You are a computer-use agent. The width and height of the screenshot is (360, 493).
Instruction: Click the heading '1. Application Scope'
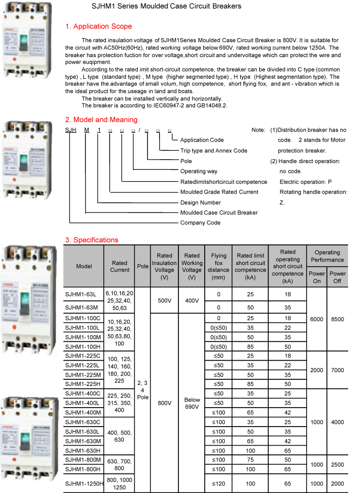(x=98, y=26)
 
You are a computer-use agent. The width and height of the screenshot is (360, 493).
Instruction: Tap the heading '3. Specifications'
(x=92, y=240)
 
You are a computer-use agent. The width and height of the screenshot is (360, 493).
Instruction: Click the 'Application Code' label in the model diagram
(x=202, y=140)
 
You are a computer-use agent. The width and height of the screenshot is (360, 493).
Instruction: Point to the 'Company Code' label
(x=200, y=223)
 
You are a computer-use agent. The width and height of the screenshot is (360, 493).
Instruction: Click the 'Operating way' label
(x=199, y=171)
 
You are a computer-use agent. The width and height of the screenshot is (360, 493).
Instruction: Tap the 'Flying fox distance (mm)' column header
(x=219, y=266)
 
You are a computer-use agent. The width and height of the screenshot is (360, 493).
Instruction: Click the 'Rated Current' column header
(x=120, y=266)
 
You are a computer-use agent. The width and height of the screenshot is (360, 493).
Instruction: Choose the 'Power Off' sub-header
(x=338, y=277)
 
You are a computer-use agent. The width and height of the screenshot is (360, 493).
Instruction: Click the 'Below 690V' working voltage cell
(x=192, y=403)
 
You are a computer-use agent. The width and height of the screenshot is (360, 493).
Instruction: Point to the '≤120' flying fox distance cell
(x=219, y=484)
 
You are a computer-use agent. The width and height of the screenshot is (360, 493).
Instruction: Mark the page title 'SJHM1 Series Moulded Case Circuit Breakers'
(x=167, y=6)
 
